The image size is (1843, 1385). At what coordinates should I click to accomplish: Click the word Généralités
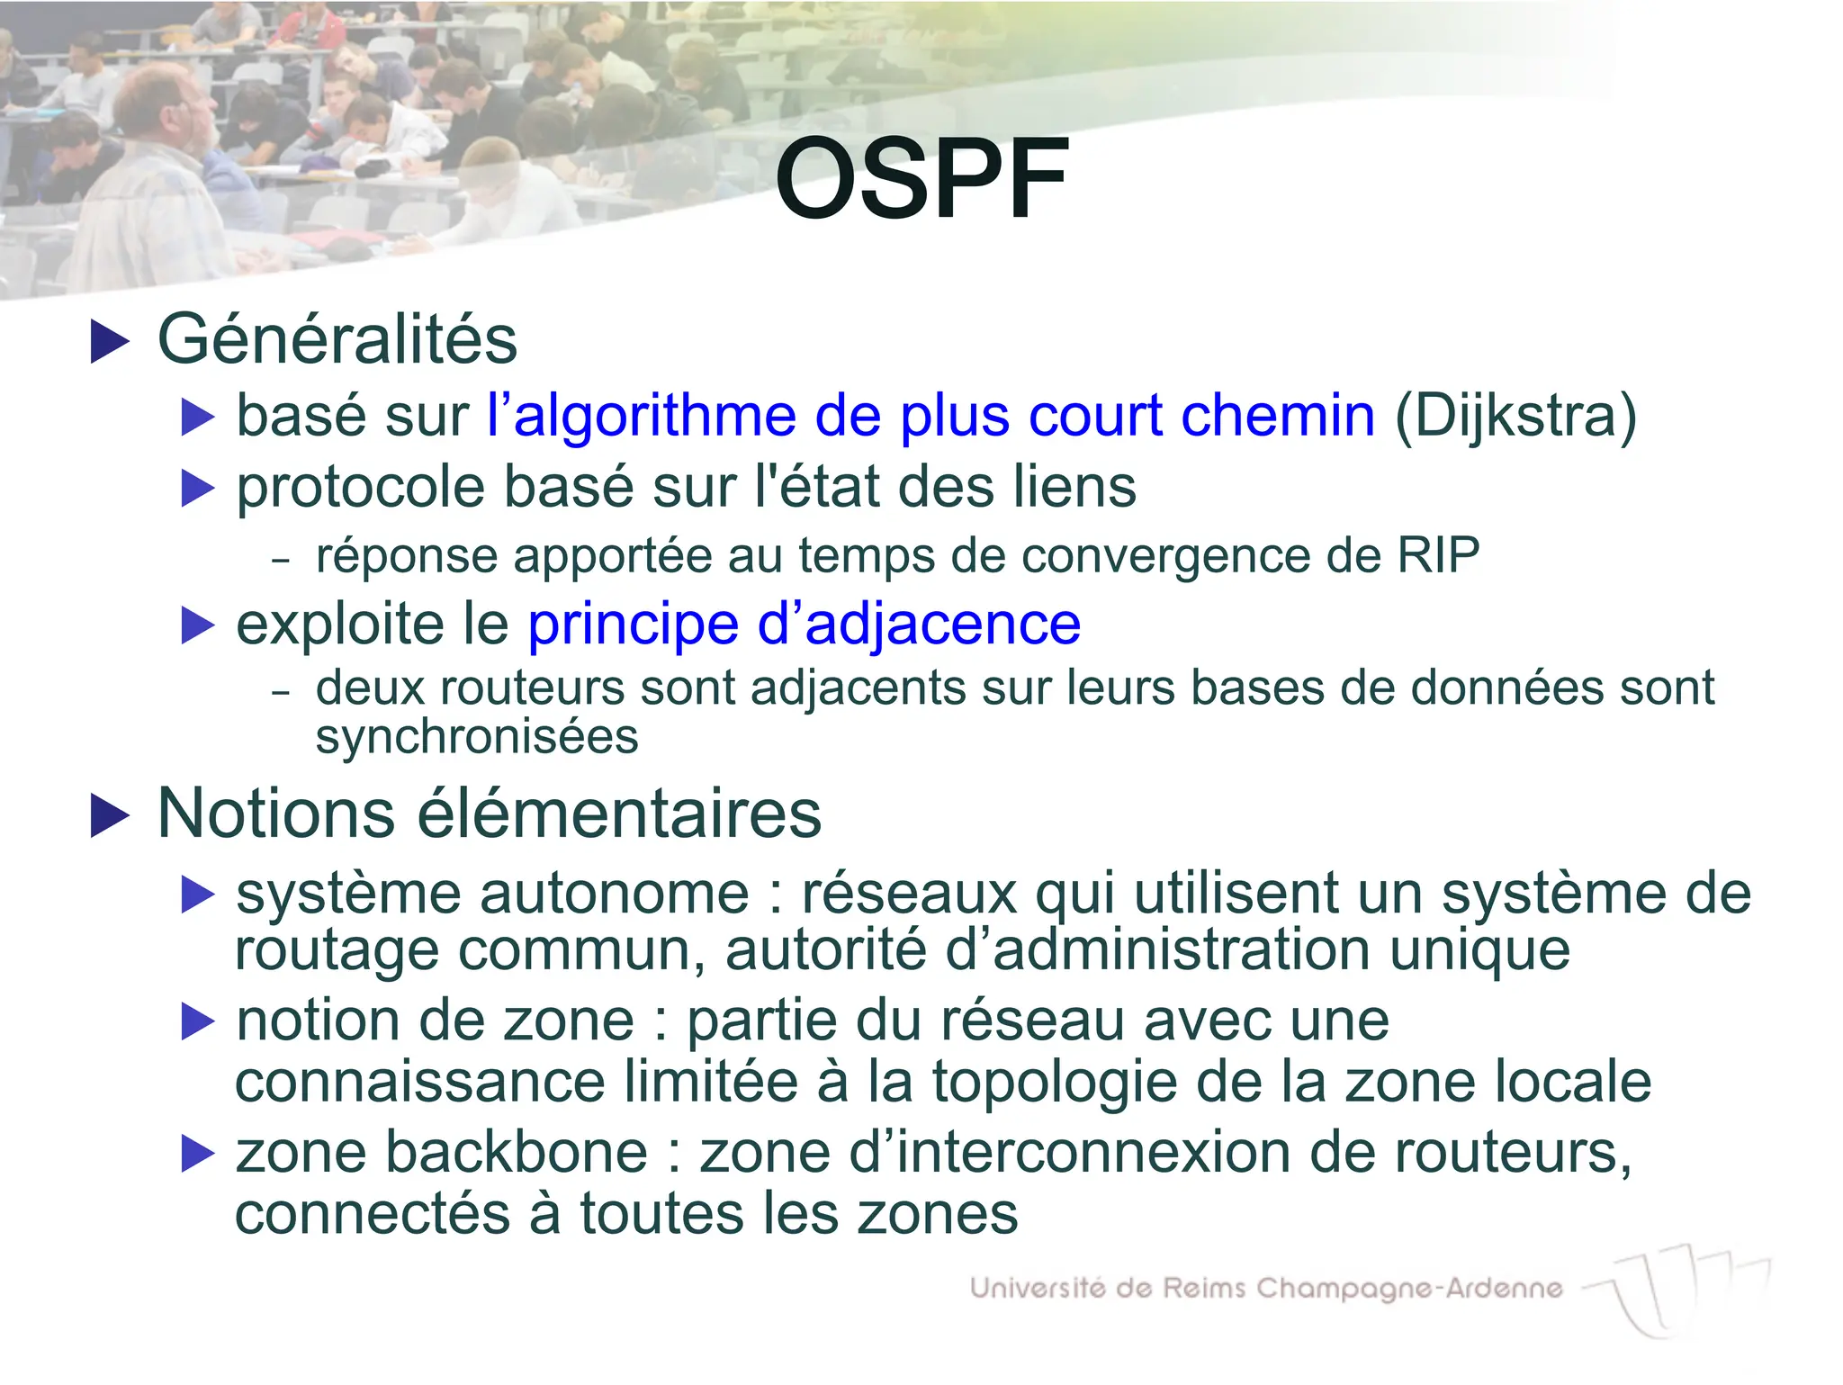(337, 340)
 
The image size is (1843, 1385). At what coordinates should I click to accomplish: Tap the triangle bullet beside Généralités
(110, 343)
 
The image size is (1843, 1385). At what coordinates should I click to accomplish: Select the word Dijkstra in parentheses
(1515, 416)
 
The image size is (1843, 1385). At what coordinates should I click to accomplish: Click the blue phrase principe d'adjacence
(803, 624)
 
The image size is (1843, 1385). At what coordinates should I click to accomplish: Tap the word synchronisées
(476, 736)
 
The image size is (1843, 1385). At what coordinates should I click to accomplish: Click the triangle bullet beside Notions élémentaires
(110, 816)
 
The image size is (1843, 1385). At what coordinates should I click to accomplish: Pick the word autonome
(614, 894)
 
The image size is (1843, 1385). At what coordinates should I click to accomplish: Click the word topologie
(1054, 1082)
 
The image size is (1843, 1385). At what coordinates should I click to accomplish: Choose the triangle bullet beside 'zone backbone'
(198, 1154)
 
